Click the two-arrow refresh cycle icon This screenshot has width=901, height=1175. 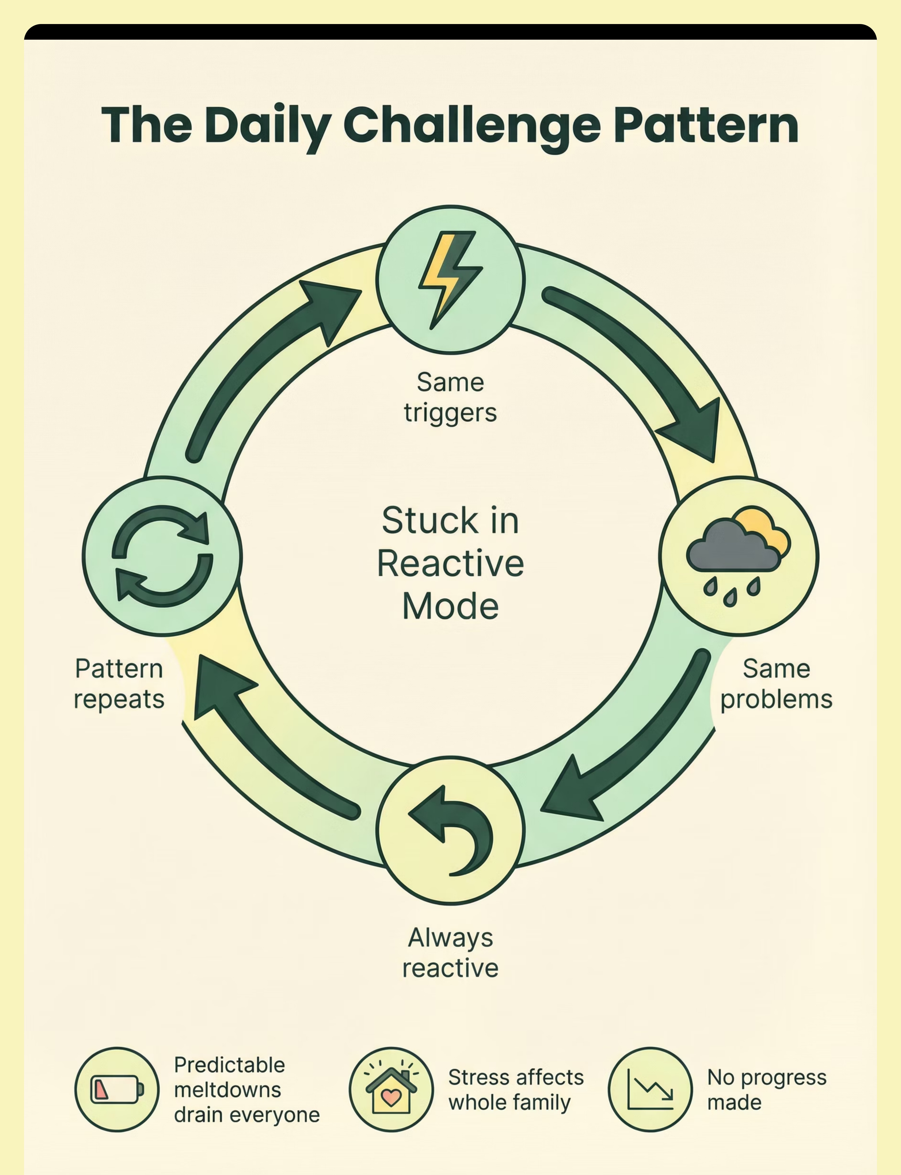pos(162,556)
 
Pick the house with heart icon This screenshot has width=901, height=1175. pos(391,1089)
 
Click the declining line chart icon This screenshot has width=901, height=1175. pos(650,1089)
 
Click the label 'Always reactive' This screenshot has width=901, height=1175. pos(450,952)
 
